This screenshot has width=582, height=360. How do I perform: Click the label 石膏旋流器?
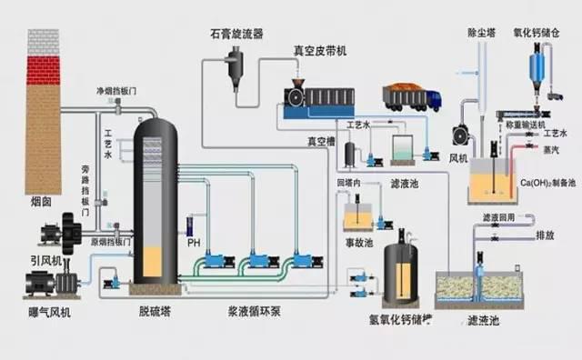[x=232, y=34]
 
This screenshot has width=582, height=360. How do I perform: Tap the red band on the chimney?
[x=43, y=69]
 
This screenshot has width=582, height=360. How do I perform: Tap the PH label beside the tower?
[x=193, y=244]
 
